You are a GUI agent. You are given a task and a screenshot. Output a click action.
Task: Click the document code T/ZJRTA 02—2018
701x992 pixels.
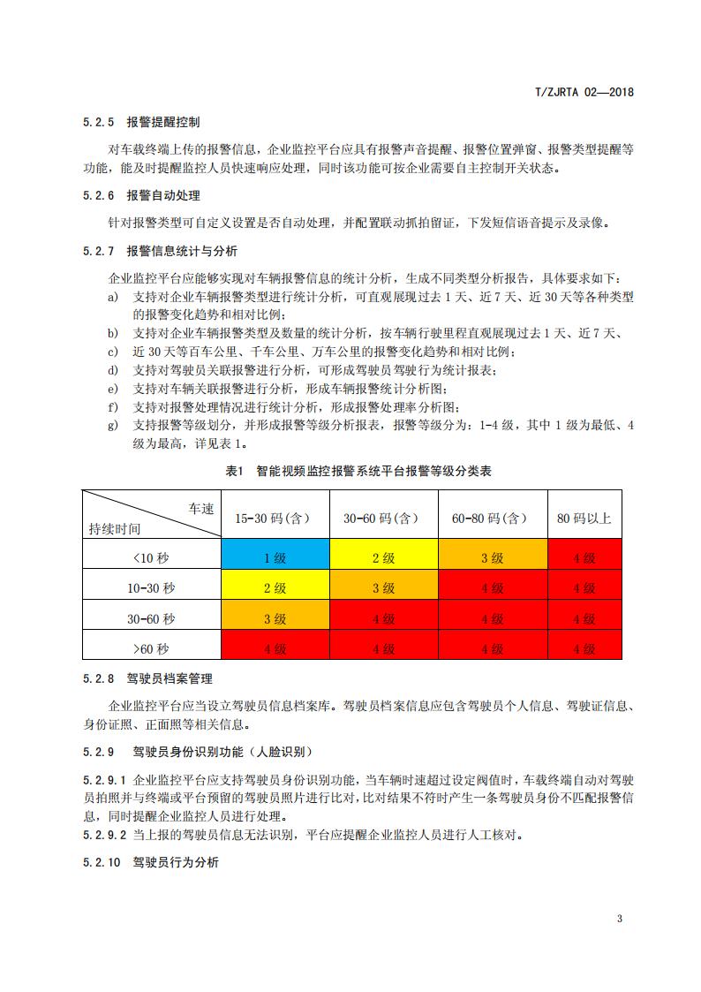click(x=585, y=91)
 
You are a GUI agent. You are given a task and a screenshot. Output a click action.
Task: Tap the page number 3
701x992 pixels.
click(x=620, y=919)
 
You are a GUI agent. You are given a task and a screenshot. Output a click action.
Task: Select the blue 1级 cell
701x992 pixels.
click(x=275, y=557)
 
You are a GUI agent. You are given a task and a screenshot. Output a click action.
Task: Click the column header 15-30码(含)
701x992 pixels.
click(x=275, y=519)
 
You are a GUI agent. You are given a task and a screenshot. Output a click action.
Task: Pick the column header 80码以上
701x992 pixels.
click(x=584, y=519)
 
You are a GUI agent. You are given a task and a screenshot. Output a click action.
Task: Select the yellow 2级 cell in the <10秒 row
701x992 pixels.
click(x=383, y=557)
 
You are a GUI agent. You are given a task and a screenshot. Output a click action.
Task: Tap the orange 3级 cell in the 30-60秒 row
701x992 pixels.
click(x=275, y=619)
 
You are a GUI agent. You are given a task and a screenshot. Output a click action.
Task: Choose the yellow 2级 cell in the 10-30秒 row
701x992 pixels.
click(x=275, y=588)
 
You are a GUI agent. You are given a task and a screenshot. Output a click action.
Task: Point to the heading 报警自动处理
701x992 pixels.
click(x=163, y=195)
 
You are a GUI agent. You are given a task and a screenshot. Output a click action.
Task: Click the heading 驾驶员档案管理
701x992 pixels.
click(x=170, y=679)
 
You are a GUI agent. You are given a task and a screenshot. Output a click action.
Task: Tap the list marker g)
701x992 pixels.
click(x=113, y=424)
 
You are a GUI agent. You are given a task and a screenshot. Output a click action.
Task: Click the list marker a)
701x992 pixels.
click(x=113, y=298)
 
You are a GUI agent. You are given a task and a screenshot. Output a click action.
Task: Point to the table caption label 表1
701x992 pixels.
click(x=234, y=472)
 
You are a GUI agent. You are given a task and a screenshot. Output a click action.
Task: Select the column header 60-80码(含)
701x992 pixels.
click(x=492, y=519)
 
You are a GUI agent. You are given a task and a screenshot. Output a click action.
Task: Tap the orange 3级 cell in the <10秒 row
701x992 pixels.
click(x=492, y=557)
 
